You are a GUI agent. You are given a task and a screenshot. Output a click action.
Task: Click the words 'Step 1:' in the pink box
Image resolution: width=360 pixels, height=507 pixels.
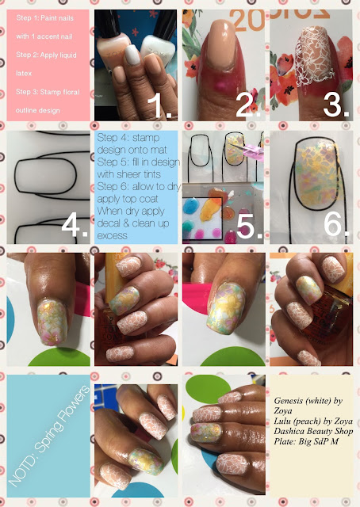click(x=27, y=18)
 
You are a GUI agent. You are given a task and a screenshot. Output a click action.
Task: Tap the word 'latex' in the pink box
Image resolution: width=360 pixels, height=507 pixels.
click(x=24, y=74)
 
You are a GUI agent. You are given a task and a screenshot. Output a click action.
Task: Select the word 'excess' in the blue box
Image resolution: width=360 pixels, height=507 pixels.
click(x=112, y=236)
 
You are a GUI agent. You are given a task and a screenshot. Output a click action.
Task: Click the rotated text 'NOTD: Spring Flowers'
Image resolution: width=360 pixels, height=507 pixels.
click(x=48, y=436)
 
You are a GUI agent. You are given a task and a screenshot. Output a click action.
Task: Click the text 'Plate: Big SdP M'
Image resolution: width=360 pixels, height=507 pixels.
click(x=306, y=441)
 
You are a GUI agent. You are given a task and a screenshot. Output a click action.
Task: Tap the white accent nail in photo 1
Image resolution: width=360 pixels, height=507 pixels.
click(x=132, y=55)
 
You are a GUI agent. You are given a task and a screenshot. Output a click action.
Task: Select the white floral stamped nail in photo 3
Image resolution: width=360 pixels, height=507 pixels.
click(x=312, y=55)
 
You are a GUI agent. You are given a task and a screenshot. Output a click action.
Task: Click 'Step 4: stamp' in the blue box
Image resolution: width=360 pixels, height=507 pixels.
click(x=128, y=137)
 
